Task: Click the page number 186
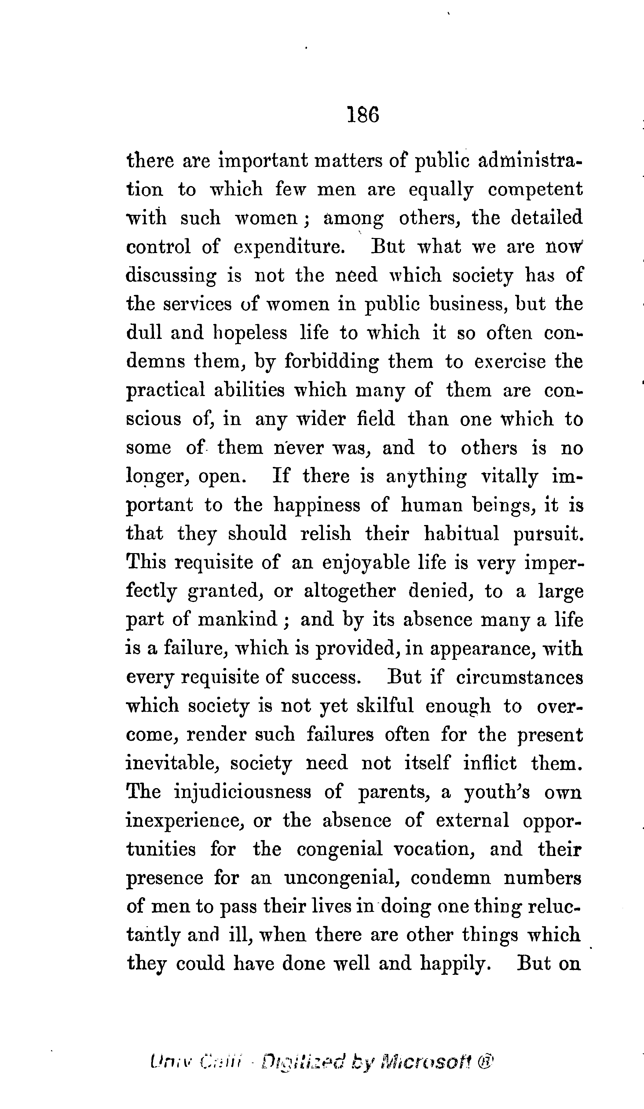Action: tap(362, 115)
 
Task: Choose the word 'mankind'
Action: tap(238, 620)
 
